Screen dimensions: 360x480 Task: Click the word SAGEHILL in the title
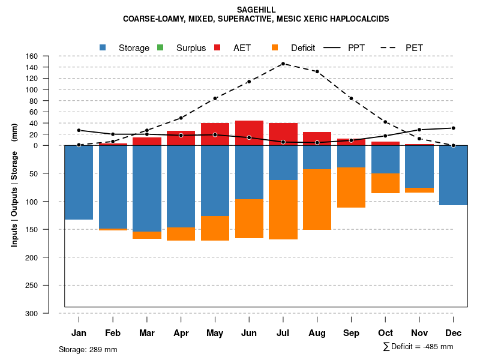[x=256, y=10]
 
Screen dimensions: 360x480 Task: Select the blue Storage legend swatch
[x=103, y=47]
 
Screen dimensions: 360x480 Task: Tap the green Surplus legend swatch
[x=160, y=47]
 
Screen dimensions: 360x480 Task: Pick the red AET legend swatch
[x=218, y=47]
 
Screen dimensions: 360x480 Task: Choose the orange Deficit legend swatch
[x=275, y=47]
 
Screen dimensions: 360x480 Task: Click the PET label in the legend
[x=414, y=48]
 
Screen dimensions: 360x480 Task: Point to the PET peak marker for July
[x=283, y=64]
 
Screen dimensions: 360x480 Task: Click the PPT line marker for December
[x=453, y=128]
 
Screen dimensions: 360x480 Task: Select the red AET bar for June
[x=249, y=133]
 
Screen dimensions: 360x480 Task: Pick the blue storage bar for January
[x=79, y=182]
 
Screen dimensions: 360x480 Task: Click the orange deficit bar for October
[x=385, y=183]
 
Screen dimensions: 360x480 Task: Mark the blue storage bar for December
[x=453, y=175]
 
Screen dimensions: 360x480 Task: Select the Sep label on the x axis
[x=351, y=333]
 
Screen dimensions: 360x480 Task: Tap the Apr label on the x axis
[x=181, y=333]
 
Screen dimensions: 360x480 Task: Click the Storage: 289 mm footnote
[x=88, y=349]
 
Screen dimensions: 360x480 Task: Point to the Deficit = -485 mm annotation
[x=418, y=347]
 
